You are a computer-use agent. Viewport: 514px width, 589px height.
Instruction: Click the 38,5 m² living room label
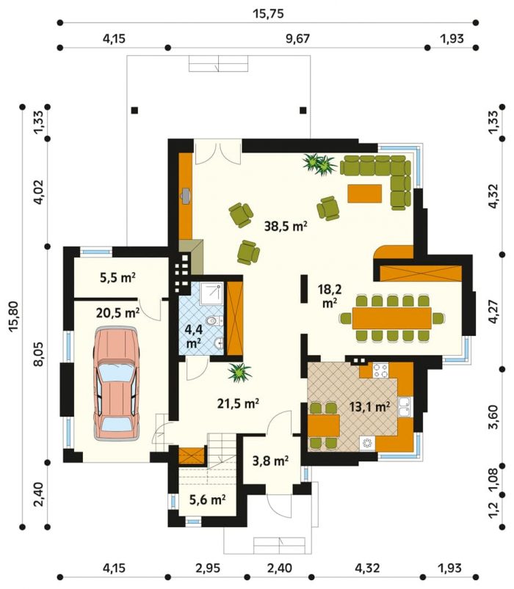click(x=286, y=226)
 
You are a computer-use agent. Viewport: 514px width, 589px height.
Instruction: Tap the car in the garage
click(x=117, y=383)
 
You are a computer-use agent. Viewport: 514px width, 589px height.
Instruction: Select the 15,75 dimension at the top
click(x=268, y=14)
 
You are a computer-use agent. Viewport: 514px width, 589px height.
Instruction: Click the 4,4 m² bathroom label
click(x=194, y=335)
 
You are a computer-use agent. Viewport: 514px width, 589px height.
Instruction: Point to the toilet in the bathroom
click(x=215, y=321)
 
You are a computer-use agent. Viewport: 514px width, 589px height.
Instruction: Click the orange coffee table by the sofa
click(x=364, y=194)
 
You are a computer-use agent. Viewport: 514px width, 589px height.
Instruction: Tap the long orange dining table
click(x=392, y=318)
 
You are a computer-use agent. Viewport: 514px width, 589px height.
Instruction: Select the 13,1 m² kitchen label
click(x=369, y=406)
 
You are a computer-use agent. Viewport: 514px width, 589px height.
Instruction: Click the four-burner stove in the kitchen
click(x=380, y=370)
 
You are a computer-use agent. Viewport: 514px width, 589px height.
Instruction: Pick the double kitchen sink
click(x=405, y=406)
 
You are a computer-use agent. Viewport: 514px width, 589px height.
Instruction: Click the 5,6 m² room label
click(x=207, y=500)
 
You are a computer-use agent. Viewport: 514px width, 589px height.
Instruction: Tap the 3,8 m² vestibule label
click(x=270, y=461)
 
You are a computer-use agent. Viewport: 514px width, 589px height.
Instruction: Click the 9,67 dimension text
click(x=297, y=39)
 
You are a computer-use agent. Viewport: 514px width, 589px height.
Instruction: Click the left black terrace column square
click(x=134, y=111)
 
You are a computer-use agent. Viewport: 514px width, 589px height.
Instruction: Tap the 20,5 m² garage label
click(x=117, y=313)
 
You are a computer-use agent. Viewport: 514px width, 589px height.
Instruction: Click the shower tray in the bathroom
click(x=211, y=293)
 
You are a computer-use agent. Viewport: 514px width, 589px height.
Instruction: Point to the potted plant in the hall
click(x=239, y=373)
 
